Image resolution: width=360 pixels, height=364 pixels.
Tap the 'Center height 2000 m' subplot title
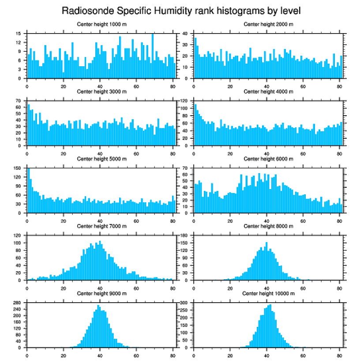pos(269,24)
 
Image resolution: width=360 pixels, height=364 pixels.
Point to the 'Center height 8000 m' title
pos(269,226)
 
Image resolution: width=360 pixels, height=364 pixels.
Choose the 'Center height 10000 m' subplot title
pos(268,293)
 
